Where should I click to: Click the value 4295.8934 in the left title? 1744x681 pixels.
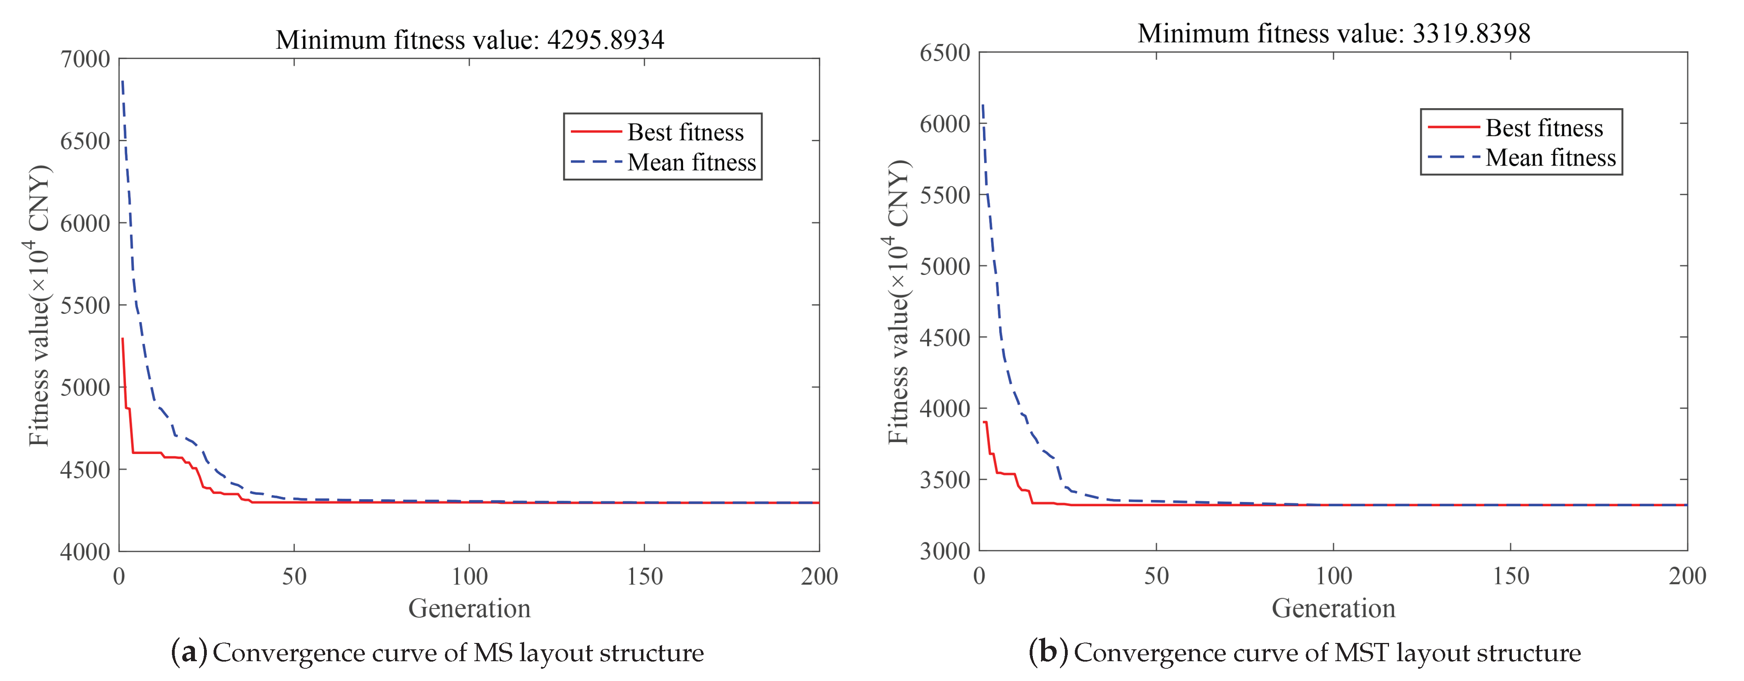tap(605, 40)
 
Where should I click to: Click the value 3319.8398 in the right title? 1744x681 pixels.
tap(1471, 33)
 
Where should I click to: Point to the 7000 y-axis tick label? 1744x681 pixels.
tap(85, 59)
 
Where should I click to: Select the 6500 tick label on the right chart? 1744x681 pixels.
tap(945, 53)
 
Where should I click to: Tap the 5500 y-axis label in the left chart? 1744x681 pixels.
tap(85, 306)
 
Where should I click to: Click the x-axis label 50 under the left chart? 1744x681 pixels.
tap(294, 577)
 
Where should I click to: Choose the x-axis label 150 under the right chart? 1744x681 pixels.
tap(1510, 576)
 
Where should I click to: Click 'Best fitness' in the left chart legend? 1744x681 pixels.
tap(685, 132)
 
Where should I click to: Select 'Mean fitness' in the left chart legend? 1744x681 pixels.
tap(691, 162)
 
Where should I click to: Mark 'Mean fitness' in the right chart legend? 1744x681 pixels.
tap(1550, 158)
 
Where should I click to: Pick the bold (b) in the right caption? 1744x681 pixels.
tap(1048, 652)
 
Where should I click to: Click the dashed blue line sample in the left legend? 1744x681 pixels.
tap(596, 162)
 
